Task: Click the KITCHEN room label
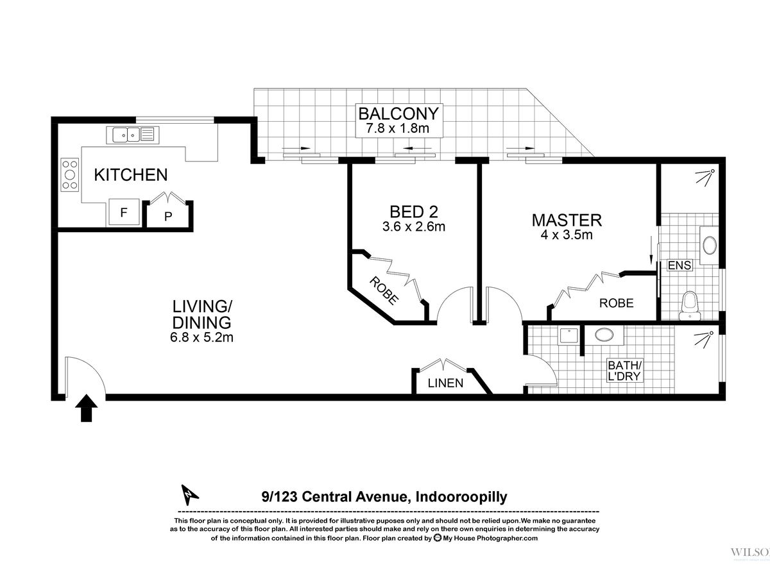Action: tap(130, 175)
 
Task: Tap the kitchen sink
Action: tap(133, 135)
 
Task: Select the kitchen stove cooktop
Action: tap(70, 174)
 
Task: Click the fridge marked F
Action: tap(123, 212)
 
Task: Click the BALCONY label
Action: tap(399, 113)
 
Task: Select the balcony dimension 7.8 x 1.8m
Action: tap(398, 129)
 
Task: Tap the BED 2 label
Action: tap(414, 212)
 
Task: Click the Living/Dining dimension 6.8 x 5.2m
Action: tap(201, 337)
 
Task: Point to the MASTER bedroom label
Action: tap(567, 220)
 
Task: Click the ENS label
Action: tap(680, 265)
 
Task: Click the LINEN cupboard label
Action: tap(445, 383)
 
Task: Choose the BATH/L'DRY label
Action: tap(624, 371)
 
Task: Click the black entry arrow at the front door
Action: tap(86, 408)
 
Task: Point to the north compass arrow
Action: tap(189, 495)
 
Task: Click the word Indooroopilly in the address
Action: tap(461, 497)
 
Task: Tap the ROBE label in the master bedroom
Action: tap(617, 303)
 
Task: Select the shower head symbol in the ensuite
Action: tap(705, 177)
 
